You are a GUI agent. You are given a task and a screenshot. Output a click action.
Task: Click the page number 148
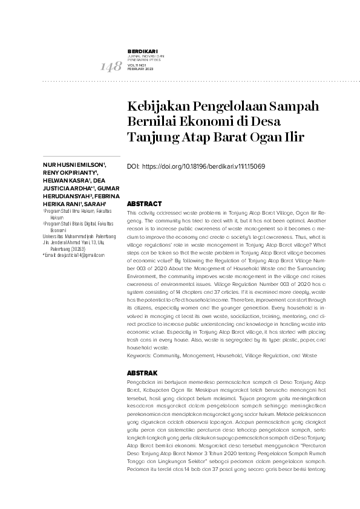(x=110, y=67)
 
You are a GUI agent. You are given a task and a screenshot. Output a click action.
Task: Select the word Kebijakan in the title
(x=155, y=106)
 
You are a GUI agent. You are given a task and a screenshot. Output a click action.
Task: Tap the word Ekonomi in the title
(x=204, y=122)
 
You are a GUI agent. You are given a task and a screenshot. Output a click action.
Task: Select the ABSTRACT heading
(x=145, y=204)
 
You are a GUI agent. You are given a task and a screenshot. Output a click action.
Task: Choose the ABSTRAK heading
(x=143, y=373)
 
